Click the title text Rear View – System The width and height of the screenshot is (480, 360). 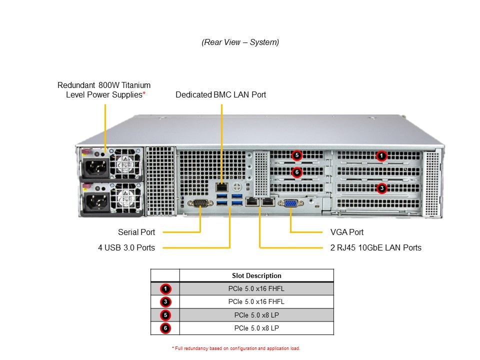point(240,42)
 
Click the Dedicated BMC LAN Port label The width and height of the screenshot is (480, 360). point(220,94)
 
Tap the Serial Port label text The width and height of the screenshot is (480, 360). point(136,232)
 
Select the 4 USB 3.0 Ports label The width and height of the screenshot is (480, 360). point(126,247)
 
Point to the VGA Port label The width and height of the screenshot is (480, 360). point(347,232)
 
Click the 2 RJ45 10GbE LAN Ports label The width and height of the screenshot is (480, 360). point(375,247)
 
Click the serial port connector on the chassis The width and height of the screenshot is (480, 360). point(199,203)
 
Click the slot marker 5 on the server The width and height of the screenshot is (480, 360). point(296,155)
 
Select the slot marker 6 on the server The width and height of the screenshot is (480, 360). point(296,171)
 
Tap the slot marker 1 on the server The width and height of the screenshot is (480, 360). point(381,156)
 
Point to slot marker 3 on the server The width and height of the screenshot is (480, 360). point(381,188)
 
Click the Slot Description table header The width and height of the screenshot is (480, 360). point(256,275)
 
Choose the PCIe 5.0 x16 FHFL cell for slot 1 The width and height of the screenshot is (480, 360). point(256,288)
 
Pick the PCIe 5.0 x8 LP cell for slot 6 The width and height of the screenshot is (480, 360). point(256,328)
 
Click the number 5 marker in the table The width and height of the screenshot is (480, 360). point(165,315)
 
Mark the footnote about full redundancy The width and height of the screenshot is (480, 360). point(235,348)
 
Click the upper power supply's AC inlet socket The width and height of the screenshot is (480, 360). point(96,169)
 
